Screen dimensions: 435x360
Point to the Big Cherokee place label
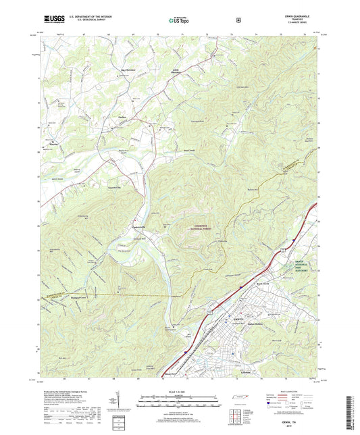(x=129, y=70)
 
